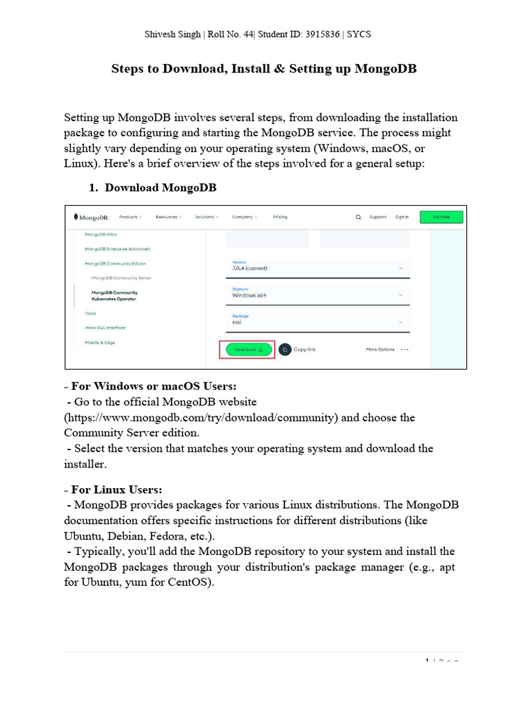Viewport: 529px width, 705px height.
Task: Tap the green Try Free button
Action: pyautogui.click(x=441, y=217)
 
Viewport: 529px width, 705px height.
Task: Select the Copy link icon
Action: pyautogui.click(x=285, y=350)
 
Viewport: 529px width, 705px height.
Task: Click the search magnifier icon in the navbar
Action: pyautogui.click(x=358, y=217)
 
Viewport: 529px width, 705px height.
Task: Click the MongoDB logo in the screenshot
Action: pyautogui.click(x=91, y=217)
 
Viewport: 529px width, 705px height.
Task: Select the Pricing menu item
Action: pyautogui.click(x=280, y=217)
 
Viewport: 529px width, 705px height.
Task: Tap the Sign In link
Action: pyautogui.click(x=402, y=217)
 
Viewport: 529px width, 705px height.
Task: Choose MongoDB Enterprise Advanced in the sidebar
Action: pyautogui.click(x=117, y=249)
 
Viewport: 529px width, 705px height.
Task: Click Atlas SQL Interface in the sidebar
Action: pyautogui.click(x=105, y=328)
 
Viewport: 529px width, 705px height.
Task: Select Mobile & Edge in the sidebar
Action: pyautogui.click(x=100, y=342)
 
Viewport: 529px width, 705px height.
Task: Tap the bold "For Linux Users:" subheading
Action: pyautogui.click(x=116, y=490)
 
